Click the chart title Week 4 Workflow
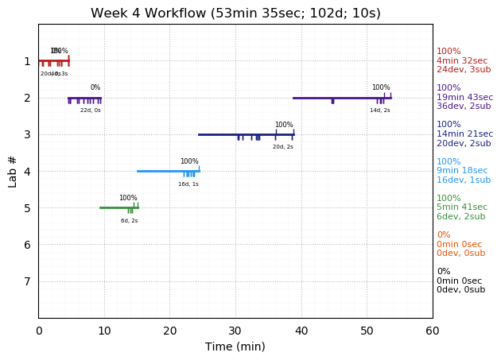point(235,14)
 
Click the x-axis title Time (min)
point(235,346)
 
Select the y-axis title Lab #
point(13,171)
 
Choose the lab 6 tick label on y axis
point(27,245)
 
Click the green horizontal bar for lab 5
point(118,207)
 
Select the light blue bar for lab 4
point(168,171)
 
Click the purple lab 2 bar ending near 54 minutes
point(342,98)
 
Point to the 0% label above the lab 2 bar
point(95,87)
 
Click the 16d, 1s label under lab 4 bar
point(188,184)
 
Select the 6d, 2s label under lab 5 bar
point(130,221)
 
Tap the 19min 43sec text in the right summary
point(464,98)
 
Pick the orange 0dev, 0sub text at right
point(460,254)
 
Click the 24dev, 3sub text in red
point(464,70)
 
